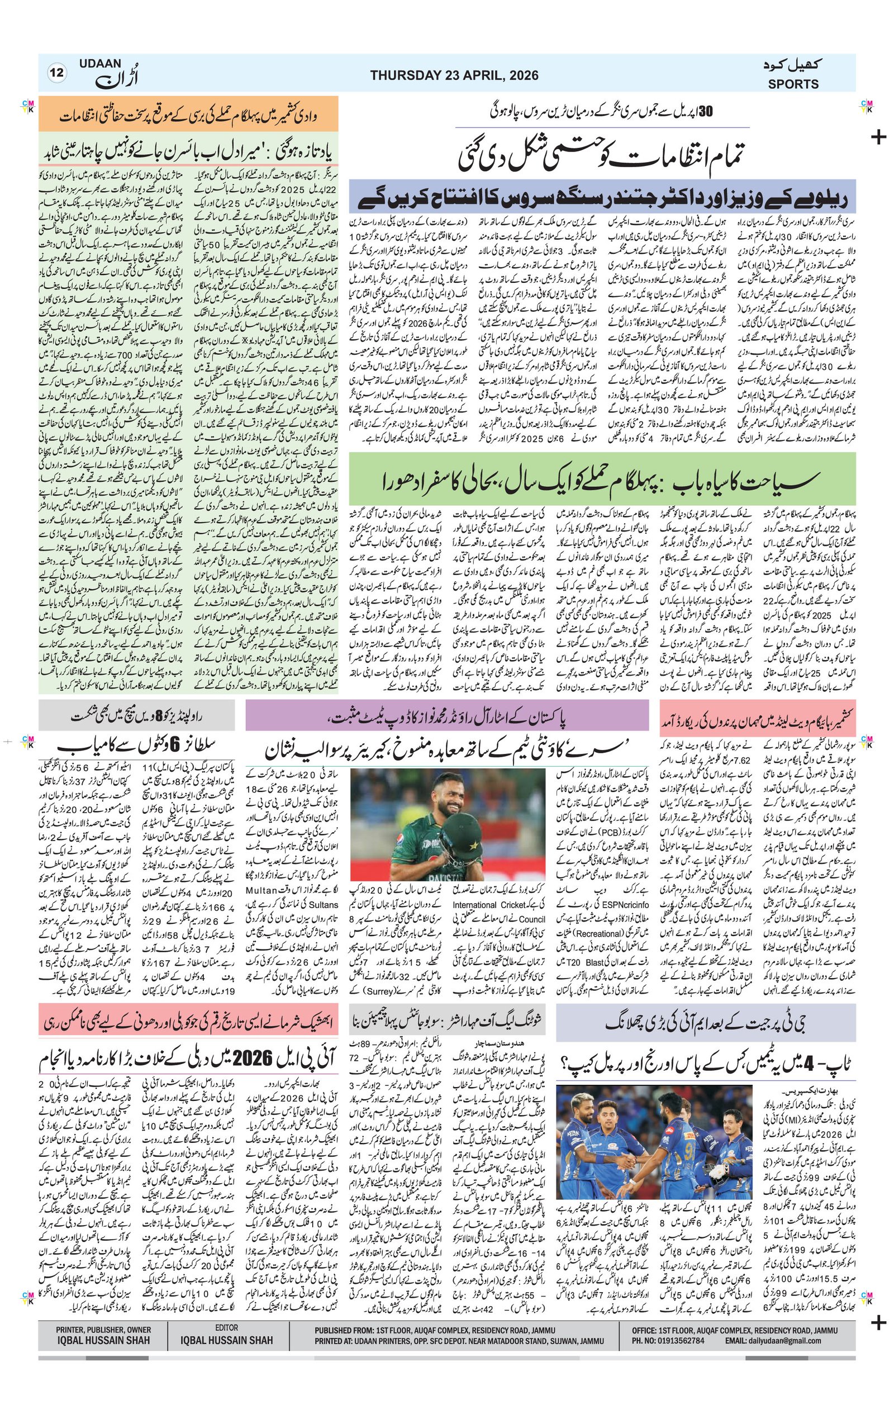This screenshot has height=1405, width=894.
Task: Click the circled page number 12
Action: (57, 74)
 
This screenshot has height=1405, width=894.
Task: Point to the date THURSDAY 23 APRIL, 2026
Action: (454, 75)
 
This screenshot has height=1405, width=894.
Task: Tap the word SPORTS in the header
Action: (793, 84)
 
